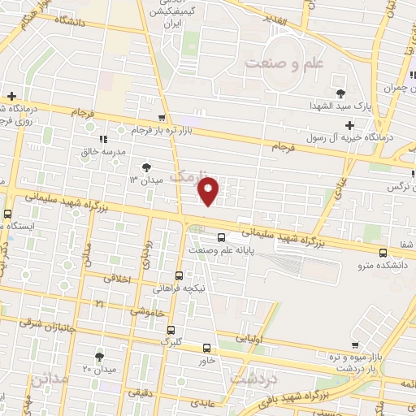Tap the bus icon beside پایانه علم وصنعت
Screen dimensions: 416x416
(x=222, y=237)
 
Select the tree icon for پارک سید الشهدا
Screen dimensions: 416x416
(x=340, y=92)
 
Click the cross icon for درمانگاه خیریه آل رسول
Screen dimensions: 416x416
(x=349, y=125)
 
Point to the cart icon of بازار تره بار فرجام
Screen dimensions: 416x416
(x=163, y=118)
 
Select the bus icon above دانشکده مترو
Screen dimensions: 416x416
(x=383, y=252)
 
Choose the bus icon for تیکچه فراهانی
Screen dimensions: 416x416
(x=180, y=275)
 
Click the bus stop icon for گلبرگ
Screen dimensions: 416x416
(x=171, y=329)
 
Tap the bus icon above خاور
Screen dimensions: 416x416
(x=206, y=347)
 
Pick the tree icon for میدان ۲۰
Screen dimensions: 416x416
(x=99, y=356)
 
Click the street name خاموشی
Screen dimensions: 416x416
(x=149, y=311)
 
